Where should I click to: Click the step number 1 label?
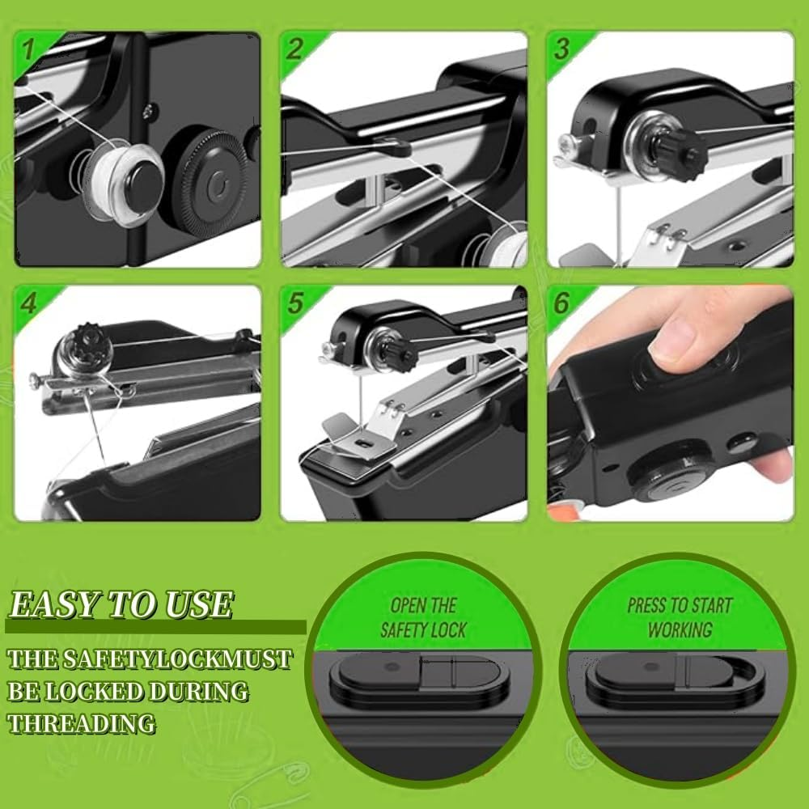point(28,49)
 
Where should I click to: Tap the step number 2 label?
point(294,49)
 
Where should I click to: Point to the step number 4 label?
point(29,303)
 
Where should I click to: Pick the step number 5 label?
point(295,303)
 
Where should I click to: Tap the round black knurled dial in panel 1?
point(214,185)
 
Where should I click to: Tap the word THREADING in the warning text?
point(81,722)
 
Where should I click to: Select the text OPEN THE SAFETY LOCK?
point(424,617)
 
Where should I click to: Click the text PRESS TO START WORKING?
point(680,616)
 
